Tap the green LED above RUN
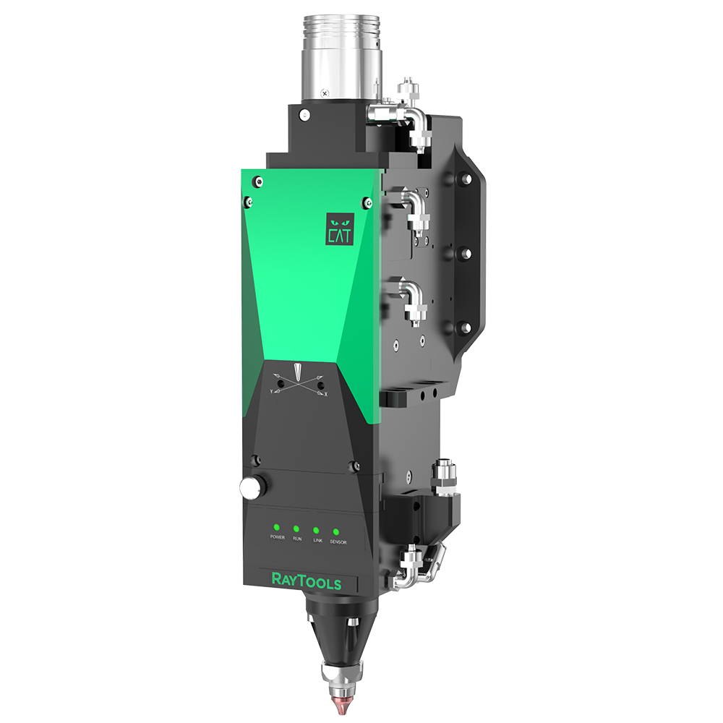pos(296,529)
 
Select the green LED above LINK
pos(317,530)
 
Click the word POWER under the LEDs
pos(276,538)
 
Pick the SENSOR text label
pos(338,542)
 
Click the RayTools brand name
pos(305,581)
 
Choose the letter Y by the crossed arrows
pos(271,390)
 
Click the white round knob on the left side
pos(249,489)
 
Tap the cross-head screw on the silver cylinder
pos(325,93)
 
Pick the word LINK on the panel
pos(317,540)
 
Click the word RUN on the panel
pos(296,539)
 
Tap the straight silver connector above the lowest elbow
pos(442,474)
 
